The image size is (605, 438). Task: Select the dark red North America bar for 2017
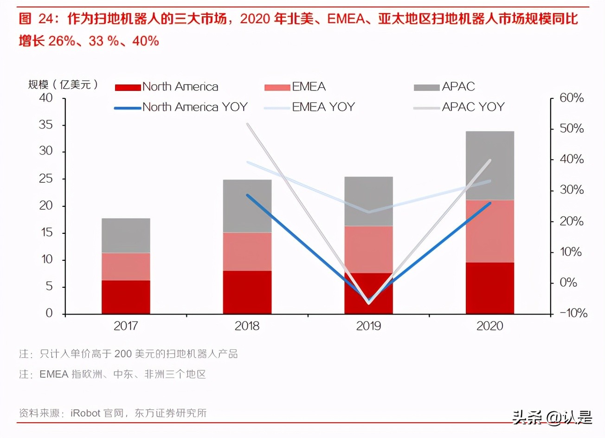126,297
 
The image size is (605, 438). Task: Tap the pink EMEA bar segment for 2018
247,251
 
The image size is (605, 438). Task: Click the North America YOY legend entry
181,107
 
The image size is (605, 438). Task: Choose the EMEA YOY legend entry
309,107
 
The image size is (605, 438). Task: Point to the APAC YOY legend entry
459,107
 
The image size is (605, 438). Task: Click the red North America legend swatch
128,87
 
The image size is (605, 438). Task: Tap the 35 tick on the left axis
46,125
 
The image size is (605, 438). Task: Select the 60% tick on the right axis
571,98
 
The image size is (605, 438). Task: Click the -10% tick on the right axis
573,313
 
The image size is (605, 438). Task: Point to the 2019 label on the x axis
368,326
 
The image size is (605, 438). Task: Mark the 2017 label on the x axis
126,326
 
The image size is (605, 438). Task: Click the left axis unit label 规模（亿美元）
64,84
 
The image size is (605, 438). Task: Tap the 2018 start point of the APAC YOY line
247,124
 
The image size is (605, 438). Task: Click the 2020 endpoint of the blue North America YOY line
490,203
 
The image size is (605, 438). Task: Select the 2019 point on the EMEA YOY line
368,212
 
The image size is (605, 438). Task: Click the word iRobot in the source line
85,413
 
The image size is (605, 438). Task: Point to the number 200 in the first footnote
123,354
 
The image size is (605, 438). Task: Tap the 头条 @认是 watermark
552,418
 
